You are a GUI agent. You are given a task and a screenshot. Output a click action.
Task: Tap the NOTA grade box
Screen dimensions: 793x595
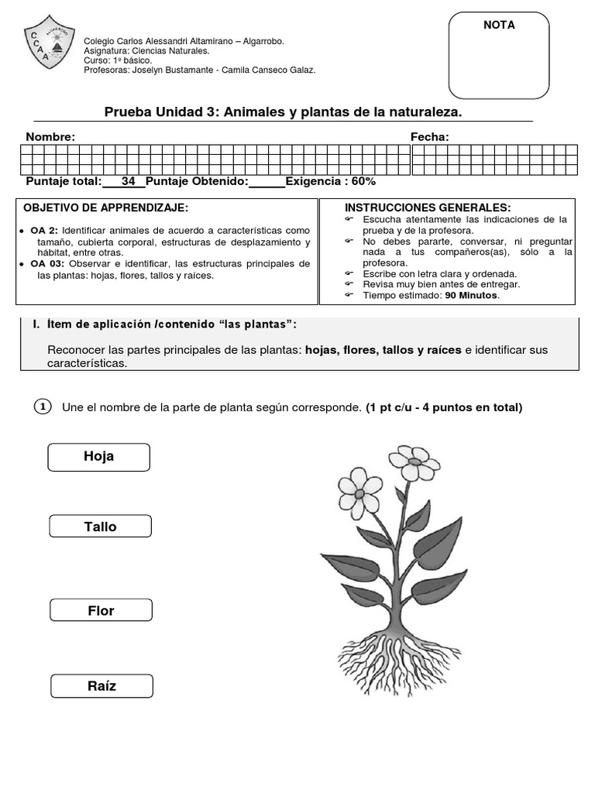tap(499, 56)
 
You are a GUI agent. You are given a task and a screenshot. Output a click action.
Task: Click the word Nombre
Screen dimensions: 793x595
tap(50, 137)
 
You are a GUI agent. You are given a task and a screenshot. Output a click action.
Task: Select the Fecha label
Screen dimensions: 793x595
tap(429, 137)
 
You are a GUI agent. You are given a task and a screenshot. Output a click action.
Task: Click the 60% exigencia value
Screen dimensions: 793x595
tap(363, 181)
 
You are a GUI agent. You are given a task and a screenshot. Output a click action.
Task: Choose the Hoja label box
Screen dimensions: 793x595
tap(98, 457)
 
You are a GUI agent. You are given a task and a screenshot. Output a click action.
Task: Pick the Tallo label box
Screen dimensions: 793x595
tap(100, 527)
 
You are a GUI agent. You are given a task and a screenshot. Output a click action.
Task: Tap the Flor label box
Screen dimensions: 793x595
tap(101, 611)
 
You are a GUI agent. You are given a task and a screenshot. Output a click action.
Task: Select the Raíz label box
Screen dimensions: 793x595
tap(101, 686)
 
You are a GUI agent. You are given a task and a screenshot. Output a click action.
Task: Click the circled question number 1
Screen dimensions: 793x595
tap(43, 407)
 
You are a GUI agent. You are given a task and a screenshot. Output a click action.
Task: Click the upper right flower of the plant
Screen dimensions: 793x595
tap(414, 463)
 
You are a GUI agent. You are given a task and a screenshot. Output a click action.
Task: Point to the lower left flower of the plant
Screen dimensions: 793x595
tap(359, 492)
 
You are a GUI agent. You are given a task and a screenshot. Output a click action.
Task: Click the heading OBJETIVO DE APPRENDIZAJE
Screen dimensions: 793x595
tap(106, 208)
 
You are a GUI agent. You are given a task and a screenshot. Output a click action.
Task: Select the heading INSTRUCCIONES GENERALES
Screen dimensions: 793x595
tap(428, 208)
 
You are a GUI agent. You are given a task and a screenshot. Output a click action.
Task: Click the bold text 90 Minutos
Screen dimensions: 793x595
tap(472, 295)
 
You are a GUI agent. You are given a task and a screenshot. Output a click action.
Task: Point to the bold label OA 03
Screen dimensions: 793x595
tap(46, 264)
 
